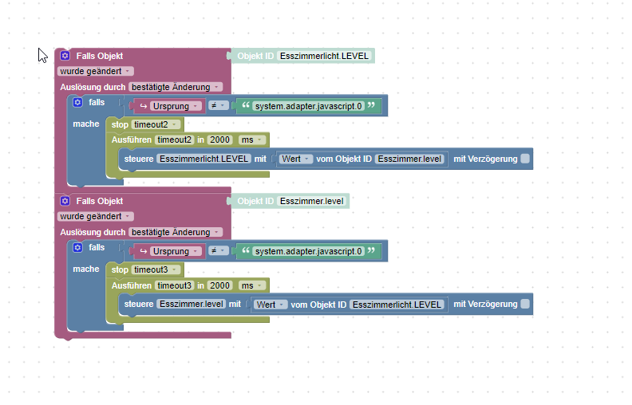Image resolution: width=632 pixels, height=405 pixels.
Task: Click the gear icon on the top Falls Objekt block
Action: coord(65,56)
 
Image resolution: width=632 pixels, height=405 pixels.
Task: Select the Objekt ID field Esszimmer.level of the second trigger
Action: coord(313,201)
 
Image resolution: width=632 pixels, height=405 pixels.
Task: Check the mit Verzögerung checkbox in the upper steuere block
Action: coord(525,159)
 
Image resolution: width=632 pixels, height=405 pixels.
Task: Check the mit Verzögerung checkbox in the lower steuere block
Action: coord(525,304)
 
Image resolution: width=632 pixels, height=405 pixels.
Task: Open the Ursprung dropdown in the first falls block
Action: coord(174,106)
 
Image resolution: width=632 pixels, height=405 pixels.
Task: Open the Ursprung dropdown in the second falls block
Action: coord(174,251)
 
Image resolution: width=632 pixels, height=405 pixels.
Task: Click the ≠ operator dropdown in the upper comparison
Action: coord(217,106)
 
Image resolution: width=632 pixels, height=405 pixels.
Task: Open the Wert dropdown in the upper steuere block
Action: coord(294,159)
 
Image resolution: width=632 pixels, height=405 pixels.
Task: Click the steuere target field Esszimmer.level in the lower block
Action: coord(192,304)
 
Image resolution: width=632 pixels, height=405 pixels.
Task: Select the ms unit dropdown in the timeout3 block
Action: coord(251,285)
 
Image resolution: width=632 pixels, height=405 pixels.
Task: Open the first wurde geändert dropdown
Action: coord(95,71)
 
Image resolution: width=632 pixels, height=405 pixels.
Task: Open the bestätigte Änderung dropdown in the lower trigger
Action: coord(175,232)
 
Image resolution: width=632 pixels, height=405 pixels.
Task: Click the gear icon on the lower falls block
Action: coord(77,248)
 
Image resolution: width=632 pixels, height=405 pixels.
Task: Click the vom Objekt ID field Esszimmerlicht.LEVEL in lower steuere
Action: coord(397,304)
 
